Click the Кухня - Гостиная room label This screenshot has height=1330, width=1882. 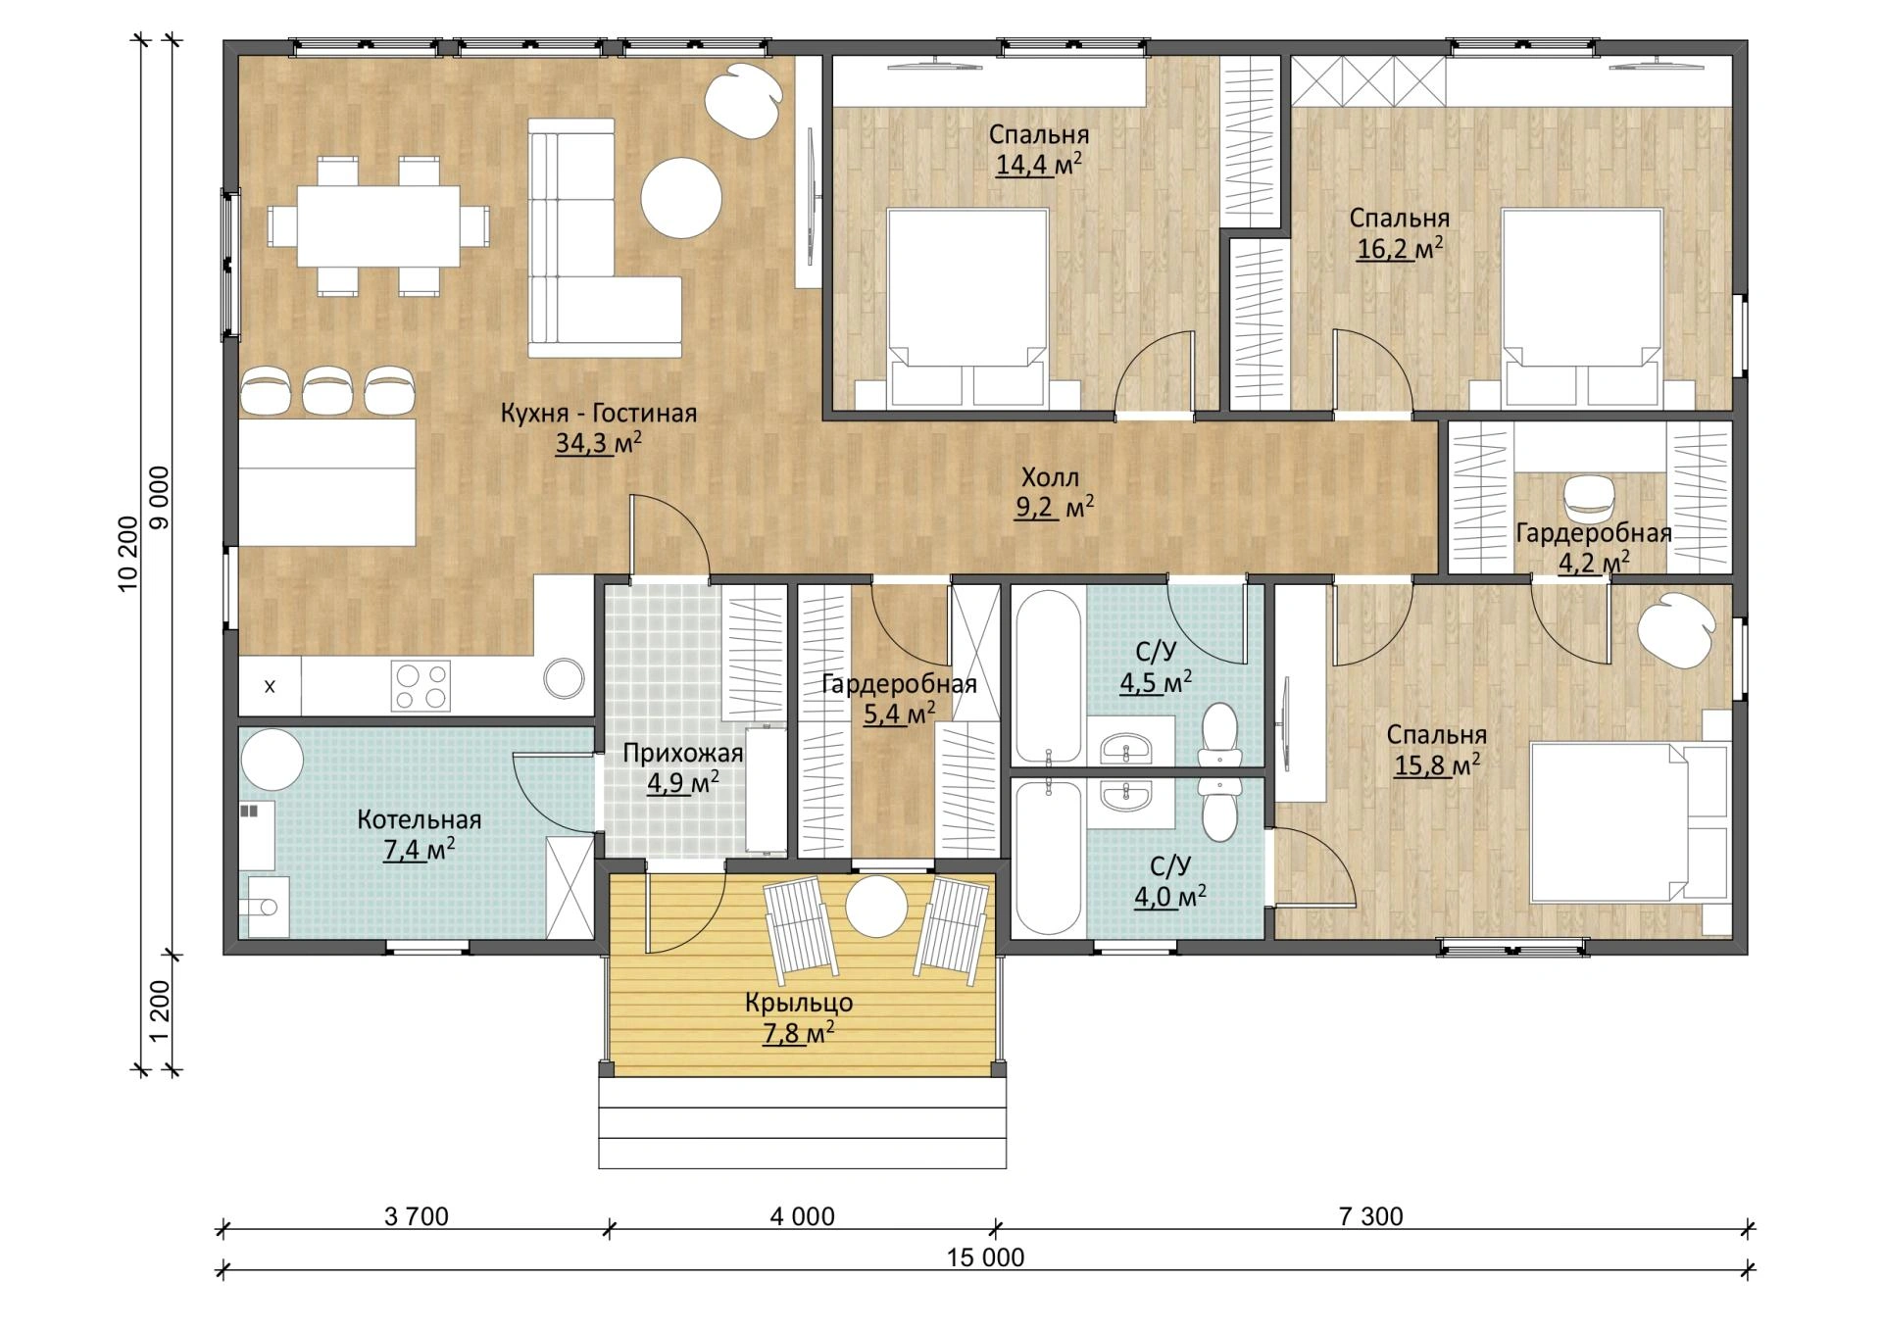click(599, 414)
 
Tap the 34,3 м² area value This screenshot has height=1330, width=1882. click(599, 443)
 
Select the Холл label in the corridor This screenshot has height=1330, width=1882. click(1050, 478)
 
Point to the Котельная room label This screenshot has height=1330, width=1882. click(419, 819)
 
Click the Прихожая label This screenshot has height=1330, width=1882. click(683, 753)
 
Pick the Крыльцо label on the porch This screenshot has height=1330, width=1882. click(799, 1003)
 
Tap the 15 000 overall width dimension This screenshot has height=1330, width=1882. click(985, 1257)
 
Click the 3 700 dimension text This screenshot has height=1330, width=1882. click(417, 1216)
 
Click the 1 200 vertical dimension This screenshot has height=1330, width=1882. click(159, 1012)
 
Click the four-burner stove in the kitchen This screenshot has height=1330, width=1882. click(421, 686)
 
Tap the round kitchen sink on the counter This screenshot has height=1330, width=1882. click(565, 677)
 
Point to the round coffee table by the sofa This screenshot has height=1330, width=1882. click(681, 197)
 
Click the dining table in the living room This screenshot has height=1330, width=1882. click(378, 225)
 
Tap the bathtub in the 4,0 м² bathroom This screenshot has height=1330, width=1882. click(1048, 858)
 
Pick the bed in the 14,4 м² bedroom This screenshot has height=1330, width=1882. click(967, 309)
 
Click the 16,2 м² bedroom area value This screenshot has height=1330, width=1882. click(1400, 248)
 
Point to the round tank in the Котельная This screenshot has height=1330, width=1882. click(272, 759)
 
